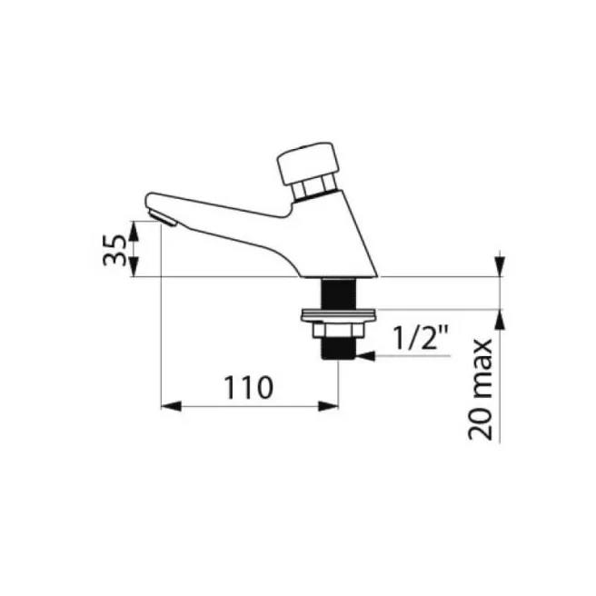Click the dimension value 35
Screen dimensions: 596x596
point(113,250)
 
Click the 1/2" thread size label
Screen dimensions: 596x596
point(422,341)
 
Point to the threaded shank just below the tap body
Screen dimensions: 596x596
point(338,293)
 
